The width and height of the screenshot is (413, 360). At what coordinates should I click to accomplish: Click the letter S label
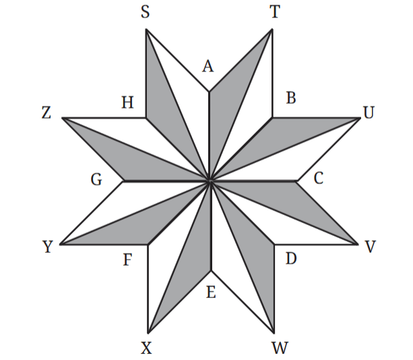(146, 12)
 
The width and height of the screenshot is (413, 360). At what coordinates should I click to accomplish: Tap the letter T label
(275, 12)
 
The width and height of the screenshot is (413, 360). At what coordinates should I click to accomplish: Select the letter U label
(369, 113)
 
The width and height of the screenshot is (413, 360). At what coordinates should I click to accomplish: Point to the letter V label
(370, 247)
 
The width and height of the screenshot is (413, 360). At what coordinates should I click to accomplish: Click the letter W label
(280, 348)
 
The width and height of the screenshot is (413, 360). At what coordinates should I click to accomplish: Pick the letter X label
(146, 348)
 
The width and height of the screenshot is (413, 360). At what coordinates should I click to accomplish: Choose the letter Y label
(48, 247)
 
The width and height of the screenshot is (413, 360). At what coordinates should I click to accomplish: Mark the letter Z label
(46, 113)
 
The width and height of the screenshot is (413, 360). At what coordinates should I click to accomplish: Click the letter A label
(208, 66)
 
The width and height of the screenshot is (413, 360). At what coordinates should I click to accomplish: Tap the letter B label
(291, 98)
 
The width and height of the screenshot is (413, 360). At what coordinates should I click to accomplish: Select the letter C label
(319, 179)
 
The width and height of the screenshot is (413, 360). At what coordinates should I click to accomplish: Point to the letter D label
(291, 258)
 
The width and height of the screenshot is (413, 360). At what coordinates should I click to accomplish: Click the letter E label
(211, 293)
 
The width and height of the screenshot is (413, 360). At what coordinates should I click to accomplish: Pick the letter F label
(127, 260)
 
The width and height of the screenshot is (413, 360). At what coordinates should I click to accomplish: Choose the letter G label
(96, 180)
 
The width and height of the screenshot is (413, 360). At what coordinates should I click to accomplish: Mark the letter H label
(127, 102)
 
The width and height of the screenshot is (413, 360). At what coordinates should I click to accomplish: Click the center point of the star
(210, 181)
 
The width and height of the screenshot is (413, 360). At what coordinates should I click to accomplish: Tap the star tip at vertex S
(146, 30)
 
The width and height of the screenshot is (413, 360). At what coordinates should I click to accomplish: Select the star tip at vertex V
(358, 244)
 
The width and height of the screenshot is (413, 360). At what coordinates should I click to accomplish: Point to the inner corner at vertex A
(210, 92)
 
